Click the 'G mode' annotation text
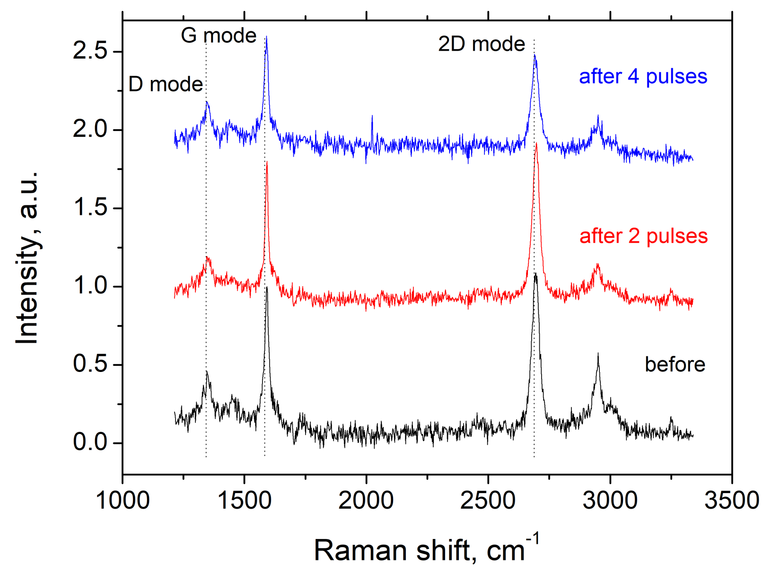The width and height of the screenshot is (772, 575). click(x=219, y=35)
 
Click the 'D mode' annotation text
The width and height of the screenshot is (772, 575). click(x=166, y=84)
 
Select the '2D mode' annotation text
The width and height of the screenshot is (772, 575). click(x=482, y=44)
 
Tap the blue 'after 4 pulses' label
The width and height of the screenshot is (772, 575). click(x=643, y=76)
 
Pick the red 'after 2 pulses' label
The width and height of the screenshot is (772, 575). click(x=643, y=236)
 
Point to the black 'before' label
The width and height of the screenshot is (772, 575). click(x=675, y=364)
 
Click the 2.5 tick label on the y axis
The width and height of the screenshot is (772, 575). click(x=90, y=51)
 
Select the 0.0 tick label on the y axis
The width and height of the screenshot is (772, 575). click(x=90, y=442)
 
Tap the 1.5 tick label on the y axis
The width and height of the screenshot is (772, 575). click(x=90, y=208)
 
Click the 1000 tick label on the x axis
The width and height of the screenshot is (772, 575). click(x=123, y=500)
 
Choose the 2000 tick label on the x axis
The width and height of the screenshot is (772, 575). click(x=366, y=500)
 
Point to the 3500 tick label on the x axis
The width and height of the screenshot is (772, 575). click(x=731, y=500)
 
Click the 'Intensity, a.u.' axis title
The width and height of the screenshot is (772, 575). click(x=27, y=258)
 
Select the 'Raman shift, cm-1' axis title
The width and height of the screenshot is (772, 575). click(x=426, y=549)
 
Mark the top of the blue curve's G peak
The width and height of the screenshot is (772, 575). click(x=266, y=37)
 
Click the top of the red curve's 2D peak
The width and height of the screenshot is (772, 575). click(x=536, y=144)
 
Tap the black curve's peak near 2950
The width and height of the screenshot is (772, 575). click(x=598, y=354)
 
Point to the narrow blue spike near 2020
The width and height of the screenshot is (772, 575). click(x=372, y=116)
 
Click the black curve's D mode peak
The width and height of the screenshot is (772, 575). click(x=207, y=372)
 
